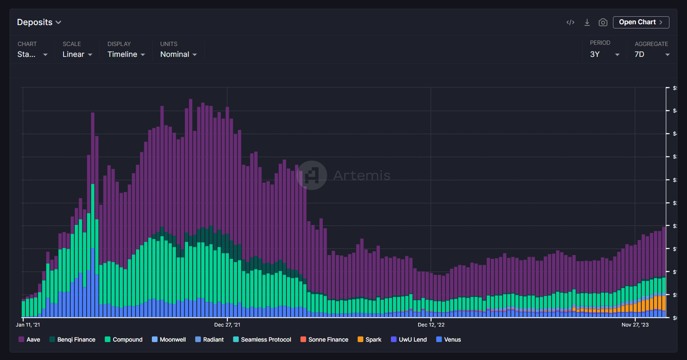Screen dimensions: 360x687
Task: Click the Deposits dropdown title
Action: (39, 22)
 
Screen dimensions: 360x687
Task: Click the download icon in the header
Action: (587, 22)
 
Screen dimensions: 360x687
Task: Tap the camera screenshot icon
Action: (603, 22)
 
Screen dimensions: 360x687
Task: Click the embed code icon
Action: (570, 22)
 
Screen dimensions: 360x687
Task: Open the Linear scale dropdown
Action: (77, 54)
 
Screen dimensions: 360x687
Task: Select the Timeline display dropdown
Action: (126, 54)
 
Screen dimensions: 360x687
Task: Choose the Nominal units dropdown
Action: (178, 54)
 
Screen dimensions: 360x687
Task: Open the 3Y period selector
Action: (604, 54)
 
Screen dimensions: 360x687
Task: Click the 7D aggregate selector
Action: (651, 54)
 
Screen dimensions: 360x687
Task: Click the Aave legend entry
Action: (29, 340)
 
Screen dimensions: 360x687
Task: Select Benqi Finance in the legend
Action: (72, 340)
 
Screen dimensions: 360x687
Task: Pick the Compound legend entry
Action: (124, 340)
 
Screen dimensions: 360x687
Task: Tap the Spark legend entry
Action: (370, 340)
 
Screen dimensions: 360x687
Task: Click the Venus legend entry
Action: (449, 340)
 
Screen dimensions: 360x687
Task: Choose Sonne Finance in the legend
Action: (324, 340)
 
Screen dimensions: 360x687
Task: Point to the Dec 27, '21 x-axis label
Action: (227, 325)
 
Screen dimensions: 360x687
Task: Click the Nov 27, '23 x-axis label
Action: (635, 325)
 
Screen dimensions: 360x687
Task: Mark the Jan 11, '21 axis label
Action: (28, 325)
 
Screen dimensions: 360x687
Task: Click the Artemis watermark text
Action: (362, 176)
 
